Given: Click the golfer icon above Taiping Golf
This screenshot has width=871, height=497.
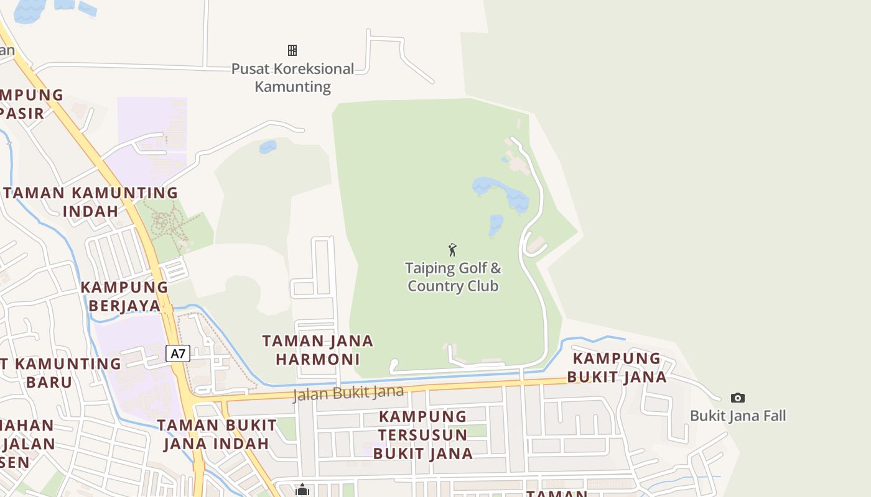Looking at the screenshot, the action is coord(452,250).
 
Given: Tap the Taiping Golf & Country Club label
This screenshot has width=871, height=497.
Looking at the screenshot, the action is coord(453,277).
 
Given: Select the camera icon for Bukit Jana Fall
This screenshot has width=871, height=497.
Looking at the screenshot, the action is coord(737,398).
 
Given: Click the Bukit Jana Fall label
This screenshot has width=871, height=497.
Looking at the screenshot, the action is coord(738,416).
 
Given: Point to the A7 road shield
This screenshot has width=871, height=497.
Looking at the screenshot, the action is coord(178,353).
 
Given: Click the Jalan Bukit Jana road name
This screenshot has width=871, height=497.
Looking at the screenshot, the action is coord(348,393).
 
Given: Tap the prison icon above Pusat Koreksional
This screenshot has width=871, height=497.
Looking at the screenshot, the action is coord(292,50).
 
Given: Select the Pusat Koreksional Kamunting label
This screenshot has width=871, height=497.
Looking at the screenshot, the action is coord(292,77).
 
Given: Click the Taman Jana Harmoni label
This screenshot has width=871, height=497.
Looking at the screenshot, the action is coord(317,350).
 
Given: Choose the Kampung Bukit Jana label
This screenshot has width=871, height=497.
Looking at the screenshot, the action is coord(617,367).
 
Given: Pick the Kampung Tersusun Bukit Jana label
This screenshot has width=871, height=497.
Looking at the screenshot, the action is coord(423,435).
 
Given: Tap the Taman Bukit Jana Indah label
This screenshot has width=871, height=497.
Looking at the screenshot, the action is coord(217,434).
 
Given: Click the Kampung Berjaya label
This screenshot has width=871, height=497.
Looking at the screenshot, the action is coord(124,296).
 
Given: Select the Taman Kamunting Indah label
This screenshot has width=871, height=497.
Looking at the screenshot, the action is coord(91,201).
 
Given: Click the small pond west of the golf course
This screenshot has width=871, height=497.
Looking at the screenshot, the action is coord(268,147).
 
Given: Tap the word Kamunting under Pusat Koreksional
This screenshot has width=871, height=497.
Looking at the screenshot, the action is coord(292,86).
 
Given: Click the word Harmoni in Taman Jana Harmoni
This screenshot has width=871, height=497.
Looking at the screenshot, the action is coord(317,359).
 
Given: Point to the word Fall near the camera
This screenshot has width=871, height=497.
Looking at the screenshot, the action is coord(771,416).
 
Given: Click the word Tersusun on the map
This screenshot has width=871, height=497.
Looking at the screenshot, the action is coord(423,434).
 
